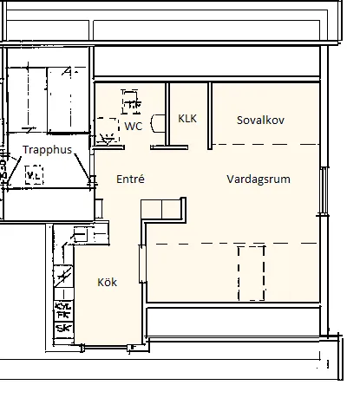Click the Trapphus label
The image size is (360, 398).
[x=48, y=149]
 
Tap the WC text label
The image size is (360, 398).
[x=133, y=126]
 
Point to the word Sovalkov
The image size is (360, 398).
[x=261, y=120]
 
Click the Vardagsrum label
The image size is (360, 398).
[x=258, y=179]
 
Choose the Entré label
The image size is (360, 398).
[x=129, y=179]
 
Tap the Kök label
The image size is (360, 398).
[x=107, y=283]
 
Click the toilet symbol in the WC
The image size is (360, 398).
[x=132, y=102]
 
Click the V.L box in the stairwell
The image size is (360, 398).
[x=34, y=177]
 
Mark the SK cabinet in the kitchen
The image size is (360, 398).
[x=62, y=329]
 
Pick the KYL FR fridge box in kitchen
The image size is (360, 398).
[x=62, y=310]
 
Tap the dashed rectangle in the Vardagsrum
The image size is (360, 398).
[x=251, y=272]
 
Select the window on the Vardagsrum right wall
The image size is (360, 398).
[x=324, y=190]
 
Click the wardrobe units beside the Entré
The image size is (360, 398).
[x=162, y=208]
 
